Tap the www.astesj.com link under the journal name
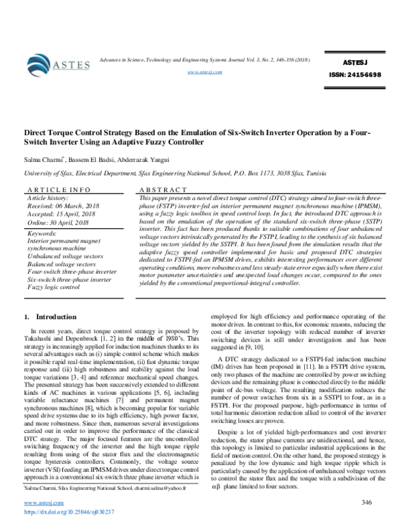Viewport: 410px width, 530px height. point(204,71)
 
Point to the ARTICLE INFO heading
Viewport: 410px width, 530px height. point(57,189)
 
